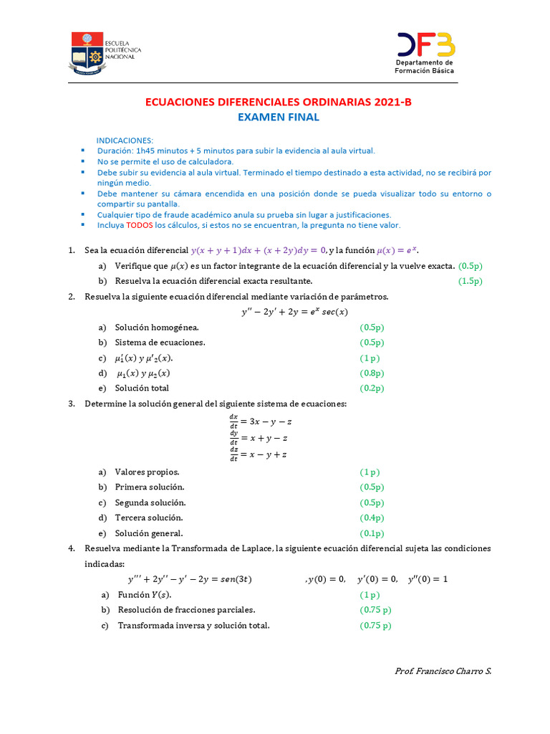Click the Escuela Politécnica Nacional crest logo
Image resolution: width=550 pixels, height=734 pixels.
click(x=87, y=53)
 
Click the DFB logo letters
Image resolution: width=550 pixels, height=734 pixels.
click(x=425, y=46)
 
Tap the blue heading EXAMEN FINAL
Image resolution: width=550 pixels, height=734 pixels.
click(x=279, y=118)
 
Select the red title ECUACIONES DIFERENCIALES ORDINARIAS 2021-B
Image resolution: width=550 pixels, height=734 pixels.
click(x=279, y=103)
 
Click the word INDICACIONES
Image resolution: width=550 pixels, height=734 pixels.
click(x=125, y=140)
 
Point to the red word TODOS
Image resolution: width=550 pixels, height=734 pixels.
click(x=140, y=225)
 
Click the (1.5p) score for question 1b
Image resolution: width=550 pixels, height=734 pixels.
click(x=471, y=281)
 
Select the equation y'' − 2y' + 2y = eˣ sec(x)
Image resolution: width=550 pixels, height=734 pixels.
click(x=294, y=312)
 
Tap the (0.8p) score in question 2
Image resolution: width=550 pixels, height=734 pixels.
click(x=372, y=373)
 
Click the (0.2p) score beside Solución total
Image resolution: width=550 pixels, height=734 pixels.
click(x=372, y=389)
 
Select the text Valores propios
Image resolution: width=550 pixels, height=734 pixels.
click(x=147, y=472)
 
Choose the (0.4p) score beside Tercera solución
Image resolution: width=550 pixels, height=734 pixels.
click(x=372, y=518)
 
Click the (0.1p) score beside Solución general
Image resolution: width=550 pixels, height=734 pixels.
click(x=372, y=533)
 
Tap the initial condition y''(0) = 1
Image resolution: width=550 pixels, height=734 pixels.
click(x=428, y=579)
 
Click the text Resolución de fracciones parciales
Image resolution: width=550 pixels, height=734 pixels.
click(x=186, y=610)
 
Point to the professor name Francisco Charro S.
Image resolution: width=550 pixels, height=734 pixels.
click(x=443, y=671)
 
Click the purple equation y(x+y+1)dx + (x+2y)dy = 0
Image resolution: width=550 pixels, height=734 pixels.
click(x=259, y=250)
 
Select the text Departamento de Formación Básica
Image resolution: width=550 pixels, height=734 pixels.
click(x=425, y=67)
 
